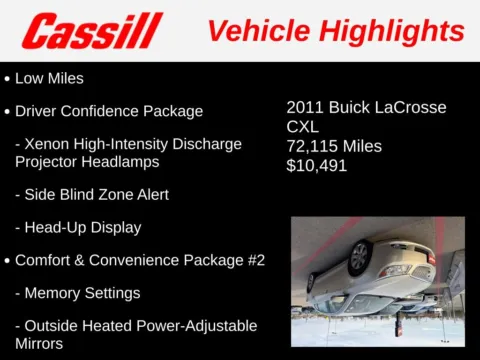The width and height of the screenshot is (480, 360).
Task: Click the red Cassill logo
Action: pyautogui.click(x=92, y=31)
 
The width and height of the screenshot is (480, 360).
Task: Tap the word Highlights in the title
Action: pyautogui.click(x=399, y=31)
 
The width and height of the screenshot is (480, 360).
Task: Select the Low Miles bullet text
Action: pyautogui.click(x=49, y=77)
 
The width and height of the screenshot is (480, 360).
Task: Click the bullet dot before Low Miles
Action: pyautogui.click(x=8, y=78)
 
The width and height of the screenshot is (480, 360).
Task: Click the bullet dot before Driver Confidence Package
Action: pyautogui.click(x=8, y=112)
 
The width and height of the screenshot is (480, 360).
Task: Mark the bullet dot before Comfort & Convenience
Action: pyautogui.click(x=8, y=261)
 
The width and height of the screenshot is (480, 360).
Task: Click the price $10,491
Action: pyautogui.click(x=317, y=165)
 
